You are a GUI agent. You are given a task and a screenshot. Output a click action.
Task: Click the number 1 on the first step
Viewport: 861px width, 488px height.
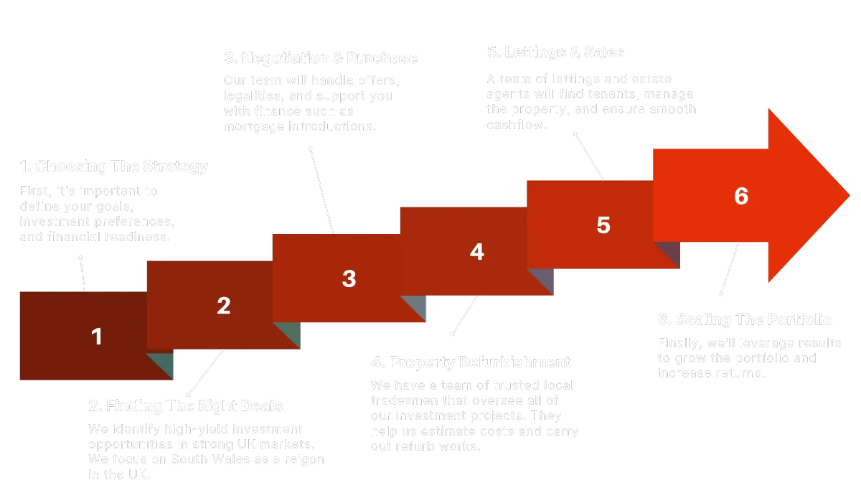pyautogui.click(x=97, y=337)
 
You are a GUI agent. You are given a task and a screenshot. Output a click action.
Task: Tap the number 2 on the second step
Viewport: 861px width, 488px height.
pyautogui.click(x=224, y=306)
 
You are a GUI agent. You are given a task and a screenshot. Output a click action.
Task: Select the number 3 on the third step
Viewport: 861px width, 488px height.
pyautogui.click(x=349, y=278)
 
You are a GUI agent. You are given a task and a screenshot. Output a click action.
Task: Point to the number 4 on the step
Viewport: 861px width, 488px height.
pyautogui.click(x=477, y=252)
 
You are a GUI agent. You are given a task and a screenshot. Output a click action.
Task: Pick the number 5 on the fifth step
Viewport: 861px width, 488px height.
pyautogui.click(x=603, y=225)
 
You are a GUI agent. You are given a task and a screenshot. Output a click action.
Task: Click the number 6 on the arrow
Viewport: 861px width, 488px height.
pyautogui.click(x=741, y=196)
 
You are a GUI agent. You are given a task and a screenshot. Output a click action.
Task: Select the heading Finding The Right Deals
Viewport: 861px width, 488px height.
pyautogui.click(x=186, y=406)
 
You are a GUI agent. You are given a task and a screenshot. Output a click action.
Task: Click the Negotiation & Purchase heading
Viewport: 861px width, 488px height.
pyautogui.click(x=321, y=57)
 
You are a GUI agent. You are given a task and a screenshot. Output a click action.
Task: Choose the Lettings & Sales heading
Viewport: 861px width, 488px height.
pyautogui.click(x=555, y=52)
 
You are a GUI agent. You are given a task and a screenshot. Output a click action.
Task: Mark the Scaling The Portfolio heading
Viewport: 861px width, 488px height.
pyautogui.click(x=744, y=319)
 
